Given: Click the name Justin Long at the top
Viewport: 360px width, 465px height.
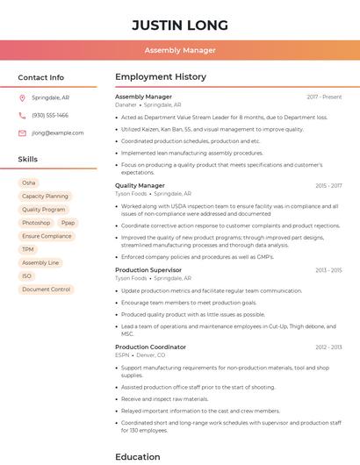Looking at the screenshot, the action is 180,25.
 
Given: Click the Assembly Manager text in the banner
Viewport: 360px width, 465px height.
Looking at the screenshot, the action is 180,50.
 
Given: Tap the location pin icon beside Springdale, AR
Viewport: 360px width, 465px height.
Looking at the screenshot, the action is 22,97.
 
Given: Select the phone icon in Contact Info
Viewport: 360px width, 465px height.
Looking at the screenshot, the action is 22,115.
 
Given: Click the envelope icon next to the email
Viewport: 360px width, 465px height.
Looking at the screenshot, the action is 22,132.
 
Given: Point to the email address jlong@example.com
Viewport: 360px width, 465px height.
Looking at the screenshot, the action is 58,132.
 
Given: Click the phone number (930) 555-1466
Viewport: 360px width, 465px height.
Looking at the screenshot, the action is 50,115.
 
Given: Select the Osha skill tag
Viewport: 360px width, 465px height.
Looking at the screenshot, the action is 29,182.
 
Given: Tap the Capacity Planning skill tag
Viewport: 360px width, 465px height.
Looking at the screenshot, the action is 45,197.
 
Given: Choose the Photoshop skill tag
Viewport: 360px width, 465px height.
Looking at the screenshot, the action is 36,223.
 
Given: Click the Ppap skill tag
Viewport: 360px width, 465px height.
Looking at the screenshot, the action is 68,223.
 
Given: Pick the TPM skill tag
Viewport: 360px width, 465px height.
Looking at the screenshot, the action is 28,249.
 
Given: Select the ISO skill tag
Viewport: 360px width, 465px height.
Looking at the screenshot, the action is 27,275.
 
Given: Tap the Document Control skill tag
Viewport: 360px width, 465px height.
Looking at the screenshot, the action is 46,289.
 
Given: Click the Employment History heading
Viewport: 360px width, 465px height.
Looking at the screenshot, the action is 160,77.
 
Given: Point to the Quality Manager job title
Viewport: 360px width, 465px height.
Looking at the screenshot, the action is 140,186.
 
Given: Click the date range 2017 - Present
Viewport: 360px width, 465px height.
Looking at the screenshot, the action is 324,97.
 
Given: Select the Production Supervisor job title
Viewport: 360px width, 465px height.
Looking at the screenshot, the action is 148,270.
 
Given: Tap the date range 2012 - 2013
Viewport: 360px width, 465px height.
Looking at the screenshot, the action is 328,347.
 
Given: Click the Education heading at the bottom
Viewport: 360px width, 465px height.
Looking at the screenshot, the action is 138,456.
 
